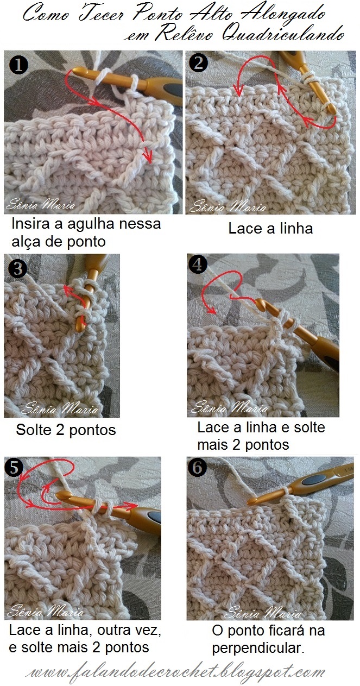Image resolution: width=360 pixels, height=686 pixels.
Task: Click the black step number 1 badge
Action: coord(18,65)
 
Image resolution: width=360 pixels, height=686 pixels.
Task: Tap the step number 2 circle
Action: coord(198,63)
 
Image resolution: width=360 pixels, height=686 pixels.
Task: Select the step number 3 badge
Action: coord(18,269)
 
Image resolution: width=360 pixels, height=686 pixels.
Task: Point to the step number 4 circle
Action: coord(198,265)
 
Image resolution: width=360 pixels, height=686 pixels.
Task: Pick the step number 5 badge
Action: coord(14,468)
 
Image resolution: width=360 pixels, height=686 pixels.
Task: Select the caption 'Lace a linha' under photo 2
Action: coord(270,229)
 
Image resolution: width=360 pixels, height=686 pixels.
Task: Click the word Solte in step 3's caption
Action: coord(33,430)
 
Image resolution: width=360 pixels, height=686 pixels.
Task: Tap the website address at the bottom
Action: coord(175,671)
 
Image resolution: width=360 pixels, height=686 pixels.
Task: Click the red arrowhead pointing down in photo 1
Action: coord(149,157)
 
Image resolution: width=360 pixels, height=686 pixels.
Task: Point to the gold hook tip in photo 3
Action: coord(80,328)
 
